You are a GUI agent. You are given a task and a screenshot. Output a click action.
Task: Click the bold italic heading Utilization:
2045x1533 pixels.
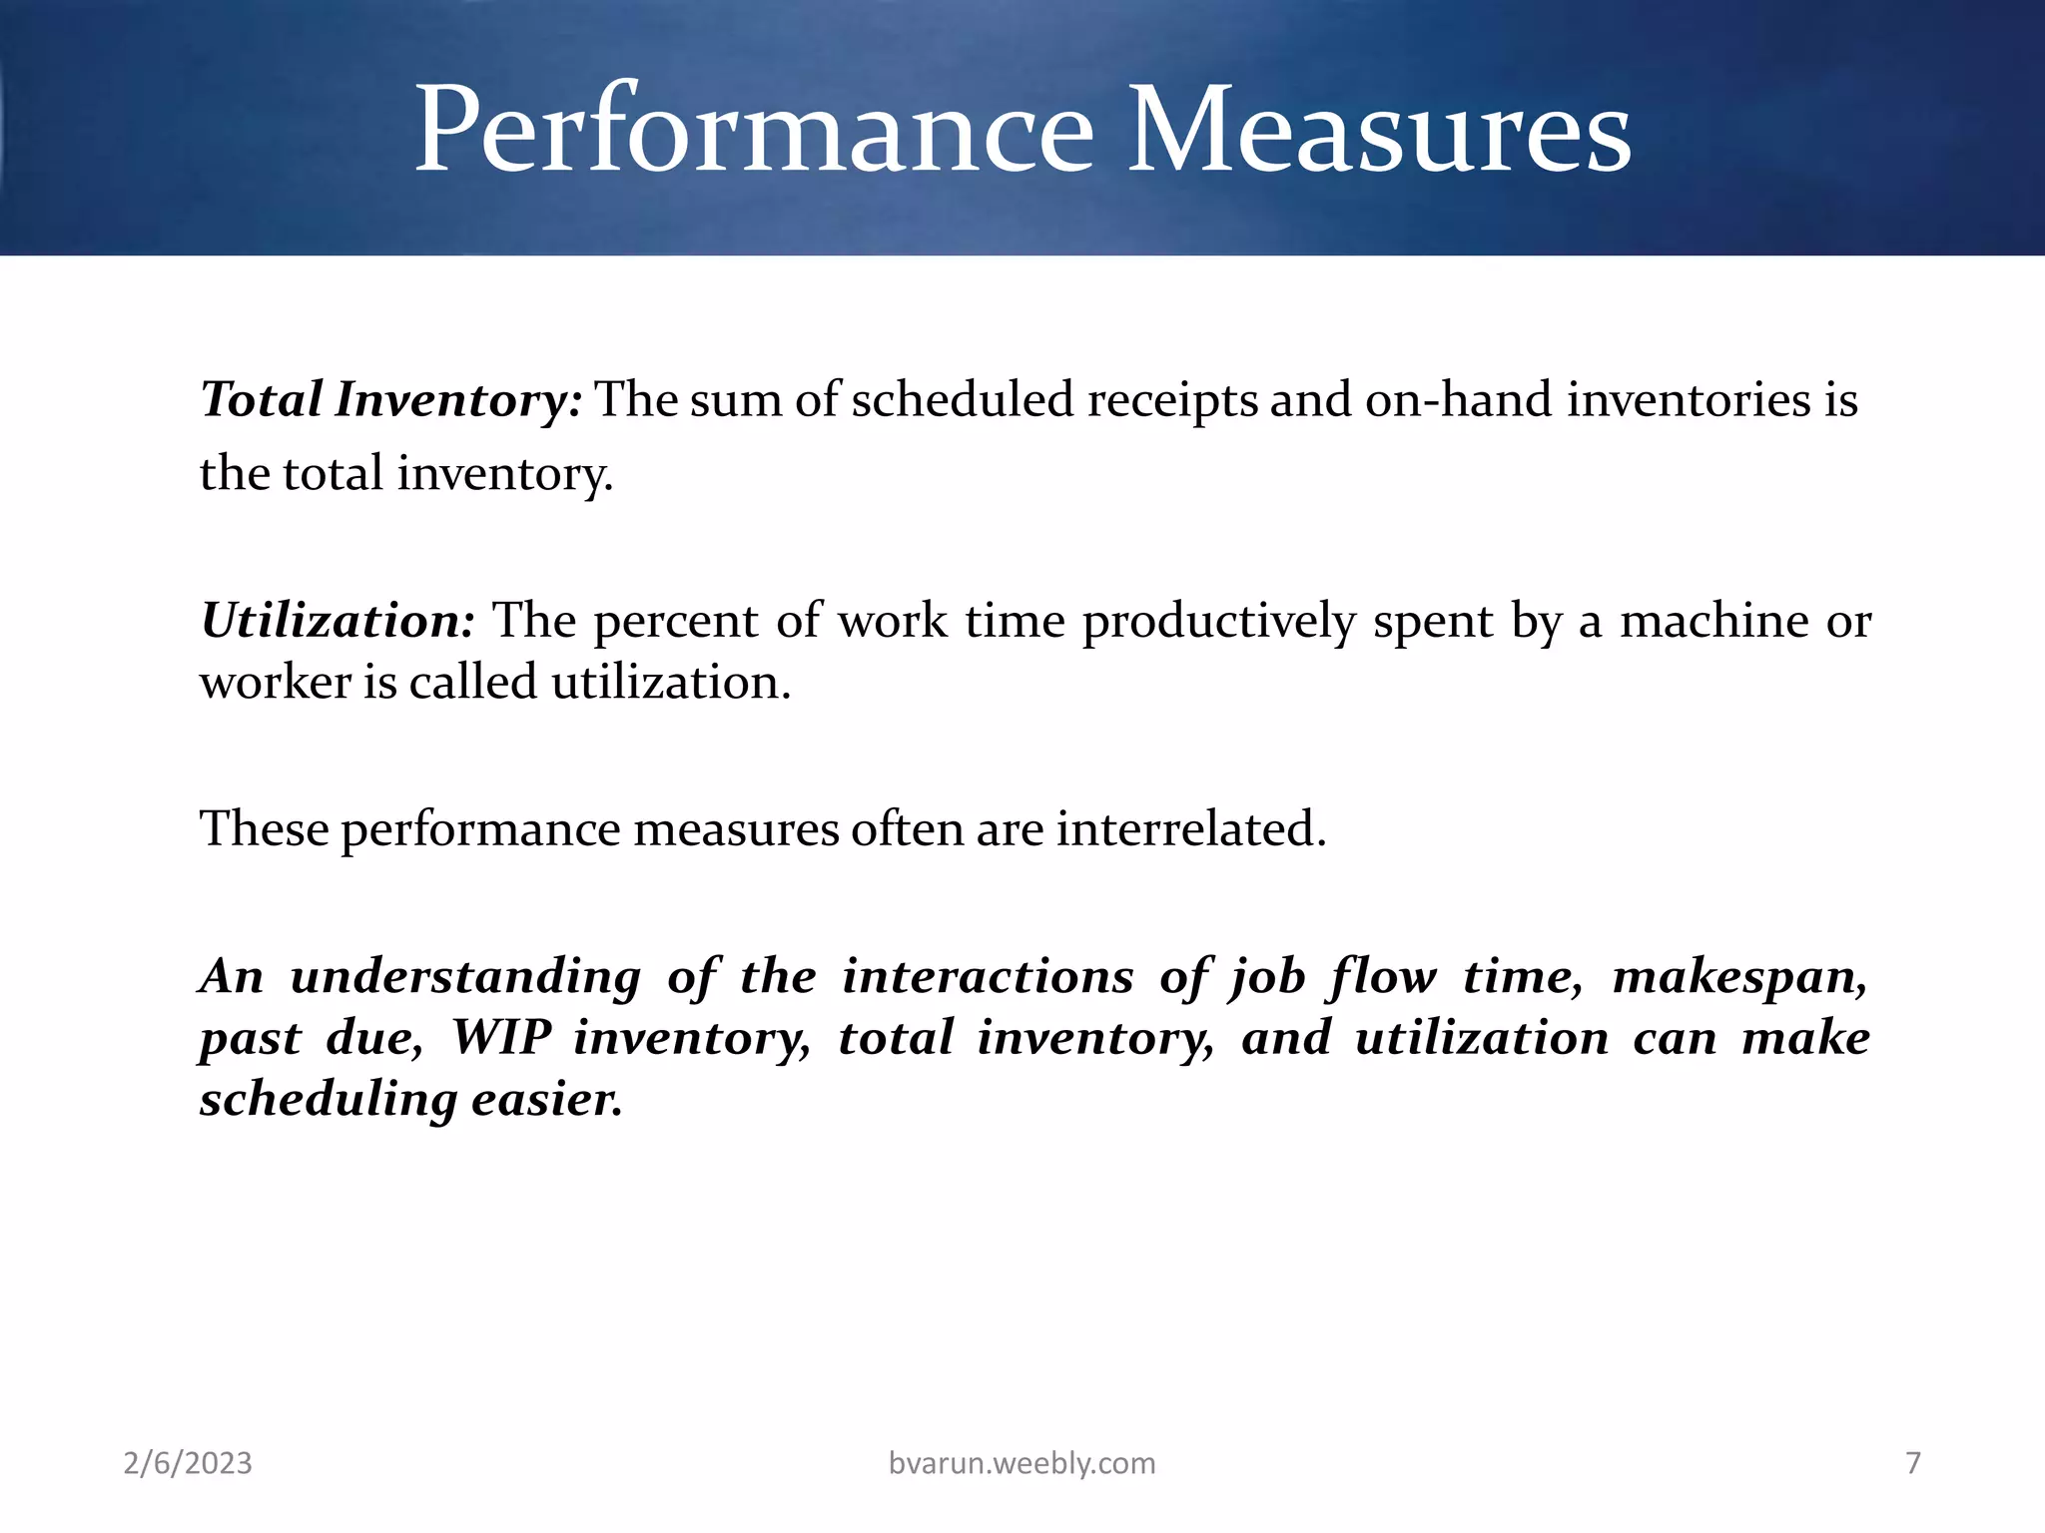click(x=338, y=621)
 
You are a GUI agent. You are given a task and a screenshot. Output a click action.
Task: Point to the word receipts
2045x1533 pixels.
click(x=1171, y=400)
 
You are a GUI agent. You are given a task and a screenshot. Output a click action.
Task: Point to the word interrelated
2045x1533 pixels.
click(x=1191, y=828)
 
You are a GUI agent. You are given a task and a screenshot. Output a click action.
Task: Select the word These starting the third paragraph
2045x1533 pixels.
click(x=265, y=828)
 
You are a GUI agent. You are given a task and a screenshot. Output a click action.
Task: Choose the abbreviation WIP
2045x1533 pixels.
click(x=501, y=1038)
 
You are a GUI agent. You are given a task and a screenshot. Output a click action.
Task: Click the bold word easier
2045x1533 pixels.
click(x=546, y=1100)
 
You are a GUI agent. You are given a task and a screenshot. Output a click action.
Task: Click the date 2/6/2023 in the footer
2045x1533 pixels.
click(x=188, y=1463)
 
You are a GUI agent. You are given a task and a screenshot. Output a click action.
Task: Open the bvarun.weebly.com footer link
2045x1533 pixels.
click(x=1022, y=1463)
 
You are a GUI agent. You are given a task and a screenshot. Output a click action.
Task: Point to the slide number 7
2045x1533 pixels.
click(x=1912, y=1463)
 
